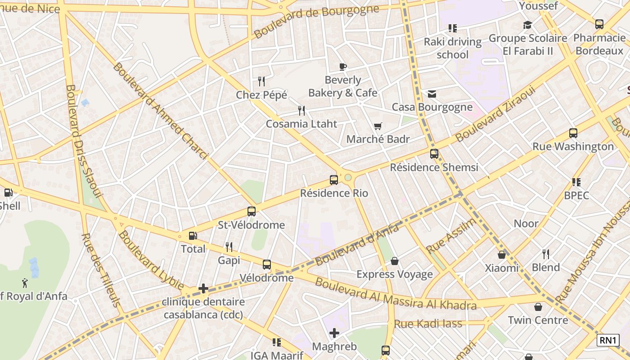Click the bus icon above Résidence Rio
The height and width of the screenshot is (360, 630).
point(333,180)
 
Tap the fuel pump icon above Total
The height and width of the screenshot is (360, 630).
point(193,235)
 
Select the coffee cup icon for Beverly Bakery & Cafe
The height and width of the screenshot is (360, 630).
point(343,67)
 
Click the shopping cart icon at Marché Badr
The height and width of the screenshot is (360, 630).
point(378,126)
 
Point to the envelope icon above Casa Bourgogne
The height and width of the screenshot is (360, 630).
point(432,94)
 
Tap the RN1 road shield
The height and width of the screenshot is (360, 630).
point(608,340)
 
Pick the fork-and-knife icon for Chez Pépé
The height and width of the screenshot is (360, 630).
point(261,81)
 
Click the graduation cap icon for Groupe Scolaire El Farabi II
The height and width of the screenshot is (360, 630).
point(527,25)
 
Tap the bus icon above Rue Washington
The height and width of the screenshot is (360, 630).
point(573,133)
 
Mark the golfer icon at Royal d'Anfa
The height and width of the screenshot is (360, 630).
point(25,283)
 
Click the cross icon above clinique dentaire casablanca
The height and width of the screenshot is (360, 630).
point(203,288)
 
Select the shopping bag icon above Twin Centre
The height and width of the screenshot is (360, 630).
point(538,307)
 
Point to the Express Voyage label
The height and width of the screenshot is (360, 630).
point(395,274)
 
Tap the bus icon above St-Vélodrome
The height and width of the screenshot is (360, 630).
point(251,211)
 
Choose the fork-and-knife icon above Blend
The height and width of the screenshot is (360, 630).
point(546,254)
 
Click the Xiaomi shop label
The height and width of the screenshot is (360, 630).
point(501,268)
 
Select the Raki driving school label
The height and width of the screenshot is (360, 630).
point(453,48)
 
